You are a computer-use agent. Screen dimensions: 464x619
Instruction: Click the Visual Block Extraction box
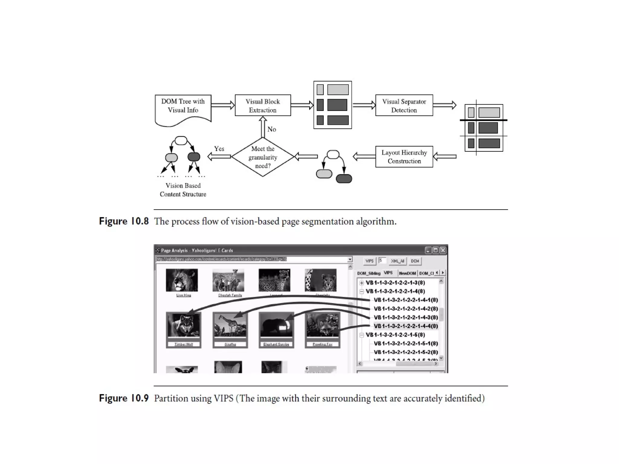263,105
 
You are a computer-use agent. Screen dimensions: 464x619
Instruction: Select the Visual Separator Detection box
404,105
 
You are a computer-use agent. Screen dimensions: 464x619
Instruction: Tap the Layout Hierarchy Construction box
404,157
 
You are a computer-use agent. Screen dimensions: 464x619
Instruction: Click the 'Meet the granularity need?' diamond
263,157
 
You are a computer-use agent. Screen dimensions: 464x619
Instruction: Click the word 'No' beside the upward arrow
271,129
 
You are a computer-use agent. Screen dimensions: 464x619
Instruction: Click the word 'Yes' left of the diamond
219,149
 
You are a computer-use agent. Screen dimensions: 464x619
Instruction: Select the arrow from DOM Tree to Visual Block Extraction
223,105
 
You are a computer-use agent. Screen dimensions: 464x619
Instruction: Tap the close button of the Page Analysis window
443,250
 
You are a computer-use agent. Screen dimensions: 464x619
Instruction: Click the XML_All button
397,261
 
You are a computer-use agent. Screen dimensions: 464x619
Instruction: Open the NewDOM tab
407,273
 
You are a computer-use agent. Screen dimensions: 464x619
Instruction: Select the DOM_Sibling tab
368,273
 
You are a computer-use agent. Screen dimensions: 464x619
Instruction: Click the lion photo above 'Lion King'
182,280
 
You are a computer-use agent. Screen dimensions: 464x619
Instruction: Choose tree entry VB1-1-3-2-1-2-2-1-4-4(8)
406,326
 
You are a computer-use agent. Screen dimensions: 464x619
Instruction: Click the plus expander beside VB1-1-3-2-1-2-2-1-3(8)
361,283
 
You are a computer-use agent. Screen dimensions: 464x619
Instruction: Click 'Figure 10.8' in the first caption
124,221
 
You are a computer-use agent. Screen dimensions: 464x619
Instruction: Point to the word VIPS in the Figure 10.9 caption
223,398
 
